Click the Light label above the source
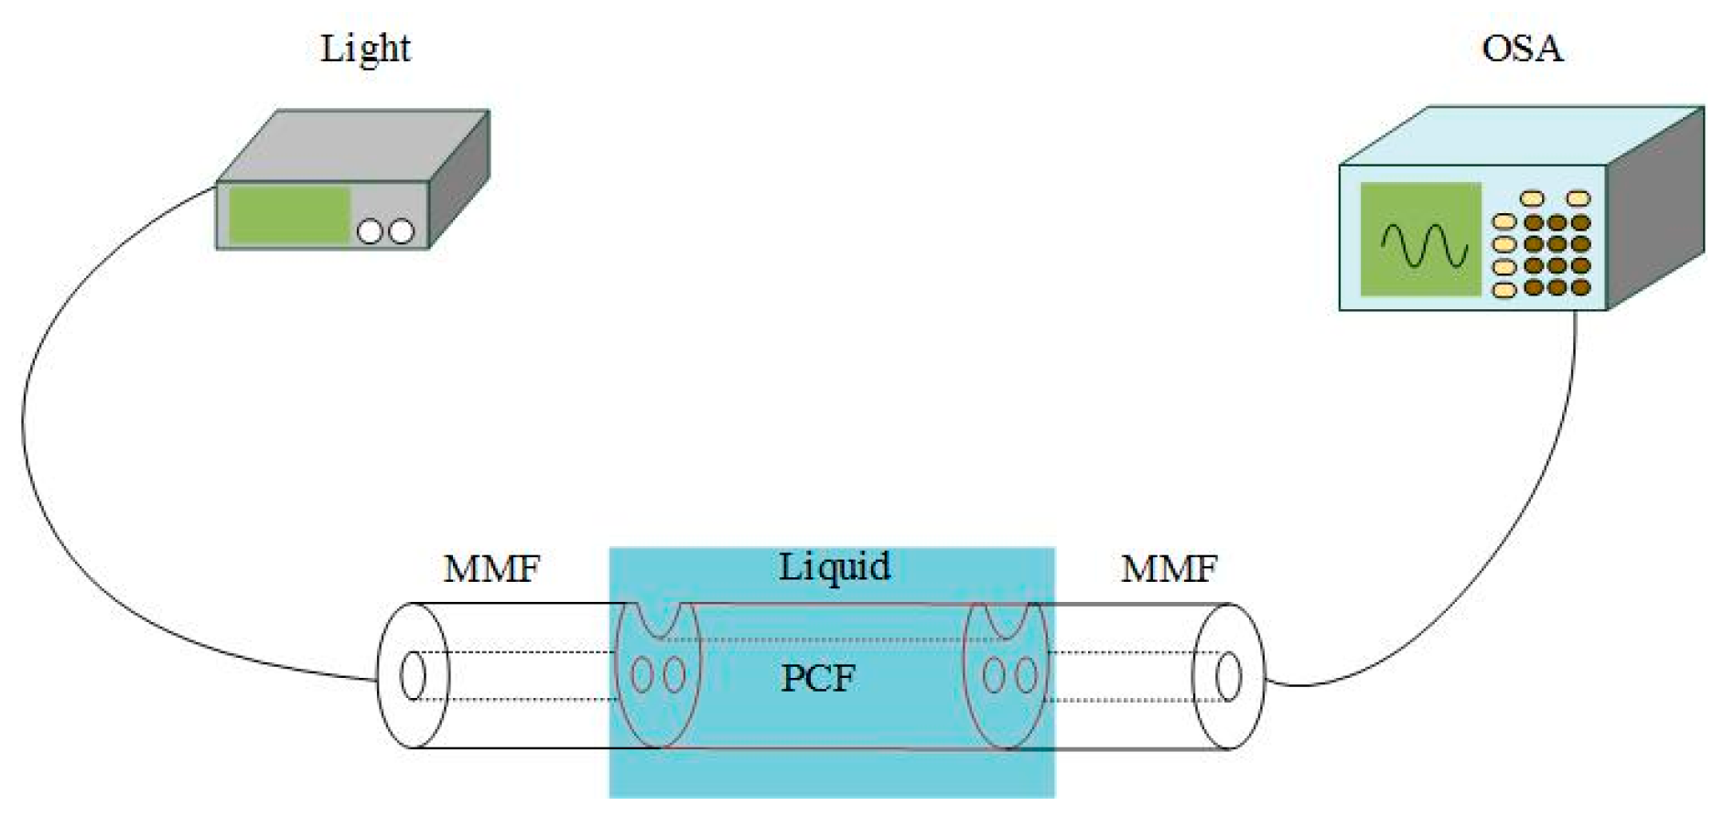point(365,48)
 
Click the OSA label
point(1521,48)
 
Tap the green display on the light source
point(288,215)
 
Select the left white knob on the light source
point(370,232)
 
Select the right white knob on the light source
point(401,232)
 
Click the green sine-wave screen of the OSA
point(1419,240)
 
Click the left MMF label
point(491,569)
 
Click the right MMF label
point(1169,569)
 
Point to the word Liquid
point(834,567)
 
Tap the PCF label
point(817,679)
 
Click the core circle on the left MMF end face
point(414,676)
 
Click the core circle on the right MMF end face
point(1228,677)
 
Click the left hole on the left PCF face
point(642,676)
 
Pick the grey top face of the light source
point(357,146)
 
